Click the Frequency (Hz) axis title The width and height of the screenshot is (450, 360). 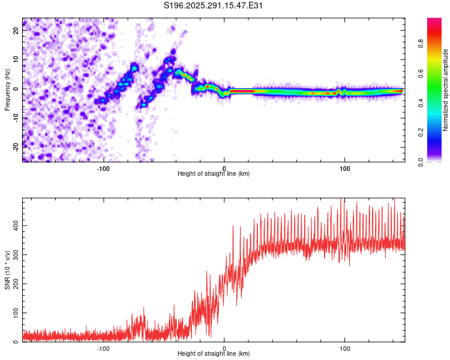(7, 89)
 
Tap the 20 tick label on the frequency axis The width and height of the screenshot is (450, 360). (16, 32)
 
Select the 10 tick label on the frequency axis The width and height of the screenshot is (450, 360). (16, 60)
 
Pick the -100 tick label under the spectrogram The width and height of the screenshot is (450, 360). (103, 168)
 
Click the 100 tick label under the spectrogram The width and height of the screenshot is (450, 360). (344, 168)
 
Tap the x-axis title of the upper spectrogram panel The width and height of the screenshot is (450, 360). (214, 174)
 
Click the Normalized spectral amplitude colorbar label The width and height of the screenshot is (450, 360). (445, 90)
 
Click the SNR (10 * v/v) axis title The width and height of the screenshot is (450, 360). (7, 270)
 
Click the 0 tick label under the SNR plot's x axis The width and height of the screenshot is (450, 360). (224, 348)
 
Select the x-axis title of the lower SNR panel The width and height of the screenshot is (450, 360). (214, 354)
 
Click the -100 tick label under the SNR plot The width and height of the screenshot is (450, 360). (103, 348)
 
